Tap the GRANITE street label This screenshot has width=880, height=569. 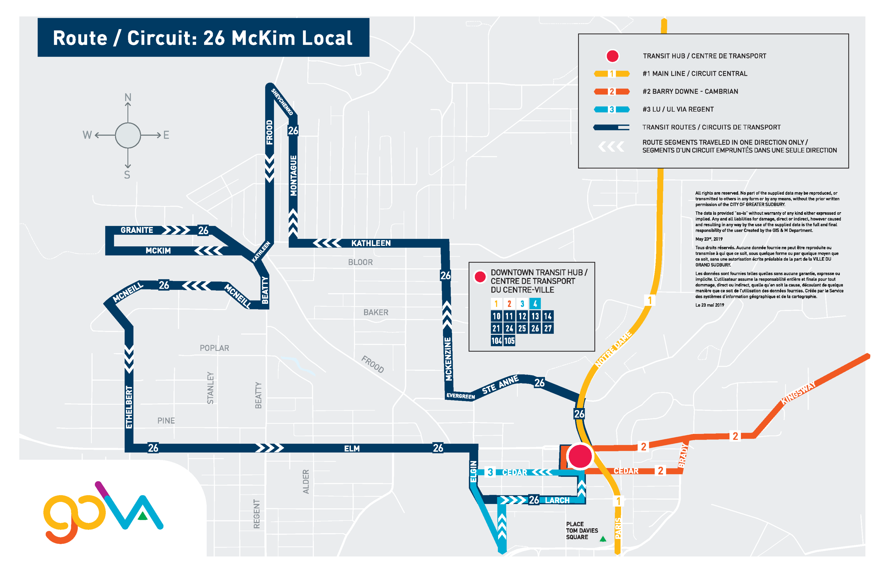[136, 230]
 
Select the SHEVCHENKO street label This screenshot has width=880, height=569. [282, 102]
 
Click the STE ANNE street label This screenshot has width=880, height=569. [500, 385]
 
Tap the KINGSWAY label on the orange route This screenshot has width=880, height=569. [798, 393]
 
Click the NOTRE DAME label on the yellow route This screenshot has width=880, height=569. [613, 349]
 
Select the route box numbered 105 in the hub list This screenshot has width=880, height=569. [510, 341]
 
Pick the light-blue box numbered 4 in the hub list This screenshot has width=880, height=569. [535, 304]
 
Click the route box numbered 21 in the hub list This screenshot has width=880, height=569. [496, 328]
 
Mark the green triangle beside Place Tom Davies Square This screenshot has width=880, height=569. [603, 539]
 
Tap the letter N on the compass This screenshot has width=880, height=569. [128, 97]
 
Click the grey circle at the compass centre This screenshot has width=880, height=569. [128, 135]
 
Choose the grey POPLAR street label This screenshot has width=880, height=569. [214, 348]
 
